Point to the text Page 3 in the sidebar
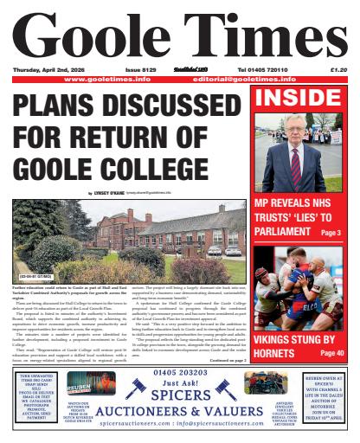coord(336,234)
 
